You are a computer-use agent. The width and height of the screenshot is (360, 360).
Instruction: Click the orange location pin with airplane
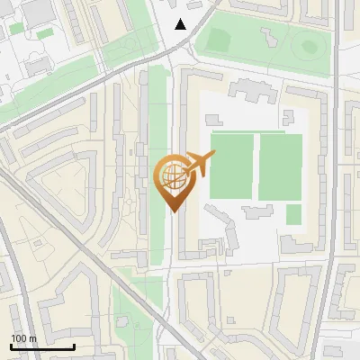174,180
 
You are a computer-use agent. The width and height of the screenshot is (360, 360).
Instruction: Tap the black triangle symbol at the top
181,24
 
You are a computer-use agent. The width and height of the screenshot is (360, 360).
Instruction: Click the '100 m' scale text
23,338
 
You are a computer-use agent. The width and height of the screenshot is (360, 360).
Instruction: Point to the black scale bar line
42,346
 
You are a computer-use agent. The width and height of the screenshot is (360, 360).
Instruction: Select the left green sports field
231,166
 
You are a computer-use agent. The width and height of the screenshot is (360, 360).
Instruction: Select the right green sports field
280,166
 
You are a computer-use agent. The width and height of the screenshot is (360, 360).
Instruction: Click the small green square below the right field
293,214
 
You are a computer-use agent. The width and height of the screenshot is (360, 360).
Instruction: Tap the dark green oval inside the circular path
309,46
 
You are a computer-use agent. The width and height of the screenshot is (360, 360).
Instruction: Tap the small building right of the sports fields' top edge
288,117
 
